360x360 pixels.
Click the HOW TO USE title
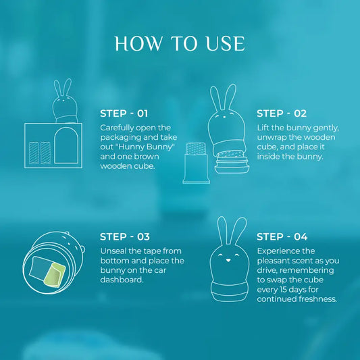pyautogui.click(x=180, y=43)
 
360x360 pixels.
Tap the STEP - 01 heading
pyautogui.click(x=124, y=113)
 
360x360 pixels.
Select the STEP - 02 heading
pyautogui.click(x=282, y=113)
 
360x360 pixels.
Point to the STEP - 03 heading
pyautogui.click(x=125, y=236)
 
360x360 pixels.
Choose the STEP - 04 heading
pyautogui.click(x=282, y=236)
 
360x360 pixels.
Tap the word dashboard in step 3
pyautogui.click(x=121, y=280)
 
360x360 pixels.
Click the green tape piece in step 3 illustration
pyautogui.click(x=55, y=275)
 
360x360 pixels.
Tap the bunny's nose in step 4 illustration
pyautogui.click(x=228, y=260)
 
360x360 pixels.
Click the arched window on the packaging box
pyautogui.click(x=66, y=145)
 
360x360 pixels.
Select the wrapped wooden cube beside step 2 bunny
pyautogui.click(x=197, y=163)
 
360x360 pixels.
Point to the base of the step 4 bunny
pyautogui.click(x=230, y=292)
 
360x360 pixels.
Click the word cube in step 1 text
pyautogui.click(x=145, y=166)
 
